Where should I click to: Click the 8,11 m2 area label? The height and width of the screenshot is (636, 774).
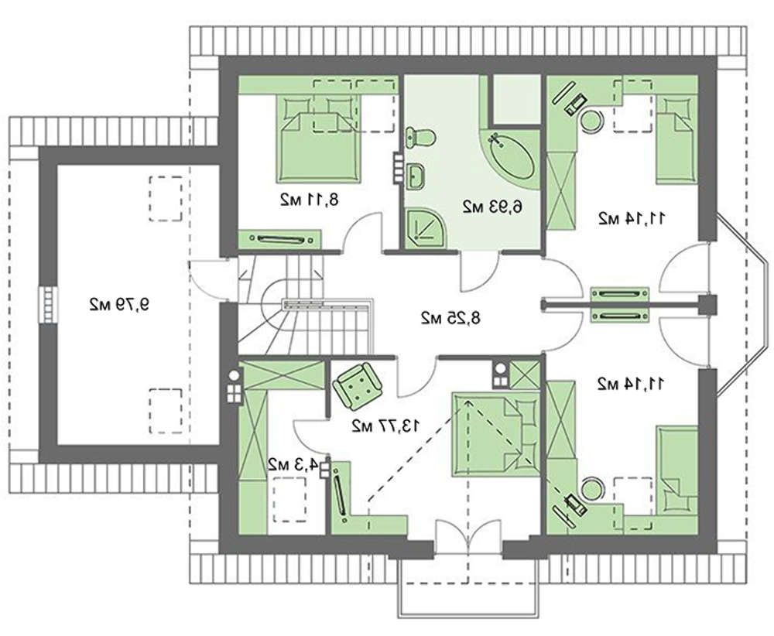[310, 200]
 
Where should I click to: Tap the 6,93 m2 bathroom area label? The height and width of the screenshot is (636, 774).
[492, 207]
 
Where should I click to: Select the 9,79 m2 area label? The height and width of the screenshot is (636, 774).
[119, 304]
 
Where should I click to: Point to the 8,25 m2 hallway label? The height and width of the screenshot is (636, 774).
[450, 318]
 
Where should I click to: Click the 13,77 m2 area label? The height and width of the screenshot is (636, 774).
[386, 425]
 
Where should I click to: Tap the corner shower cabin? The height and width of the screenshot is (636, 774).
[426, 228]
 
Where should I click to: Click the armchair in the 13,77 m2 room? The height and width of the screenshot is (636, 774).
[358, 386]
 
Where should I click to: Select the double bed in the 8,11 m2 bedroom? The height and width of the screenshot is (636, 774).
[319, 138]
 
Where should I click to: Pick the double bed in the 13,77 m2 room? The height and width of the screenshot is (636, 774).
[496, 434]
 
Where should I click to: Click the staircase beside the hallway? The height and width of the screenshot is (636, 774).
[303, 306]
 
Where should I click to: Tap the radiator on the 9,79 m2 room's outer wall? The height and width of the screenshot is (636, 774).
[48, 306]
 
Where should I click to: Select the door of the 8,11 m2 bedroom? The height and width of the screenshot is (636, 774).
[361, 233]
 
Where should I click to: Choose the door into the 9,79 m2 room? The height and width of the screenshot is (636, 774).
[209, 280]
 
